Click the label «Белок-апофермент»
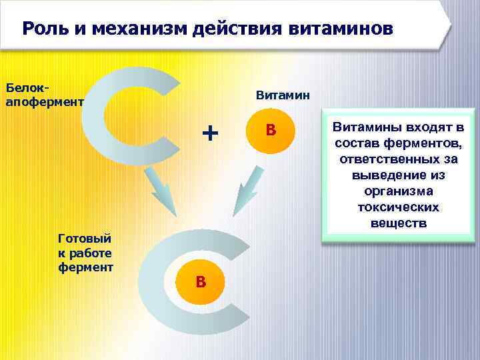point(44,95)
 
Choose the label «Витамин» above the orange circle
point(283,95)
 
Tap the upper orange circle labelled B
point(271,130)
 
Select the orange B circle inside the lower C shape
point(201,283)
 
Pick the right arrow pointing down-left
point(247,189)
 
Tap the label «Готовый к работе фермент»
point(85,252)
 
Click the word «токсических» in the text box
point(399,207)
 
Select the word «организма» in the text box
point(399,191)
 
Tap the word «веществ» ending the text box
point(399,223)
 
